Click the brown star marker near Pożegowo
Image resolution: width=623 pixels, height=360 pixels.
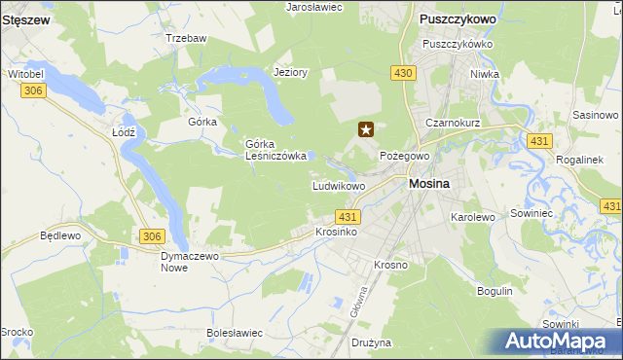pos(366,128)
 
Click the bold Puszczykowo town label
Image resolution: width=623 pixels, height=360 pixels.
pos(457,18)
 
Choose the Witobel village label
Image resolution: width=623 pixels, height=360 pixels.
pos(27,74)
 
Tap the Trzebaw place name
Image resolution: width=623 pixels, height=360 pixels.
pos(185,38)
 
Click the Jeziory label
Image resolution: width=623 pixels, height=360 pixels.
pos(291,72)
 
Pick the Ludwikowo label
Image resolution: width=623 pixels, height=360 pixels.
pos(338,186)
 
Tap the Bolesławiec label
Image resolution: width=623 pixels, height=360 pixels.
pos(236,333)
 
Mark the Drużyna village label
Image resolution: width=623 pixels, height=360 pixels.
pos(371,342)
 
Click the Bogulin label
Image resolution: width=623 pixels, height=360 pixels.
pos(495,291)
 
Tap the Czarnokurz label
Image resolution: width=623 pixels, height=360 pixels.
pos(454,124)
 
